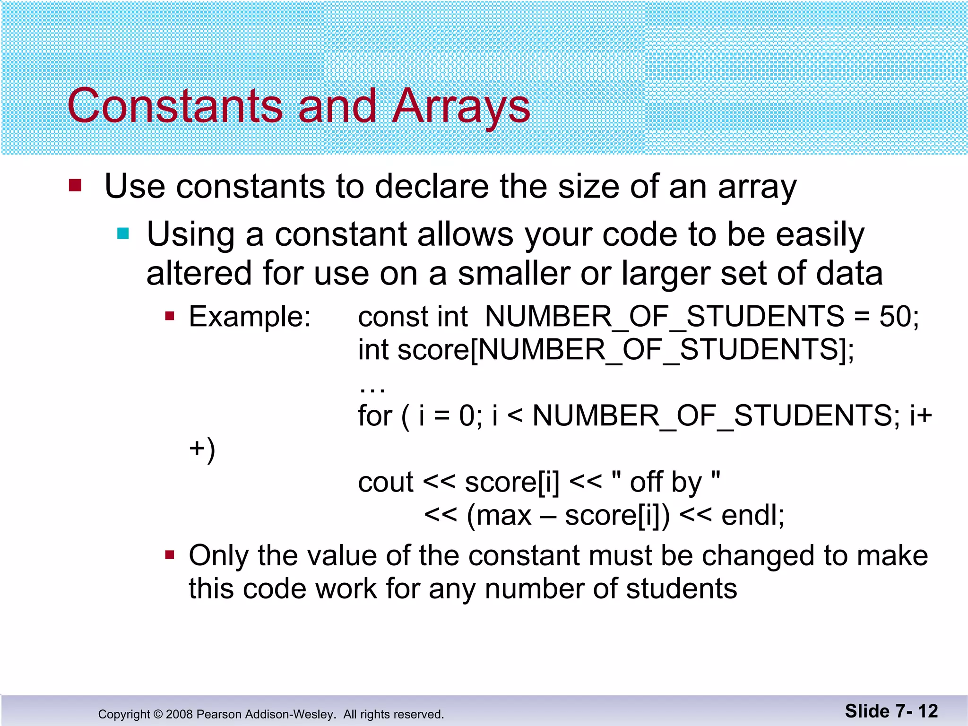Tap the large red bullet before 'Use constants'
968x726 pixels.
click(75, 185)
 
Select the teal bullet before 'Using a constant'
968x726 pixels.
click(123, 233)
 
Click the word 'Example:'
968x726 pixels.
click(250, 316)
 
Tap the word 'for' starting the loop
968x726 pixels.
click(375, 416)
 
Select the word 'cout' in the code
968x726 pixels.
click(386, 482)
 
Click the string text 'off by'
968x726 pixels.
click(665, 482)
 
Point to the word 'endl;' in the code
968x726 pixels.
click(752, 515)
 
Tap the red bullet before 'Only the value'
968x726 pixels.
click(170, 555)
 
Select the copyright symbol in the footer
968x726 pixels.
click(158, 714)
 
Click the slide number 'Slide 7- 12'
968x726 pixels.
click(891, 711)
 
